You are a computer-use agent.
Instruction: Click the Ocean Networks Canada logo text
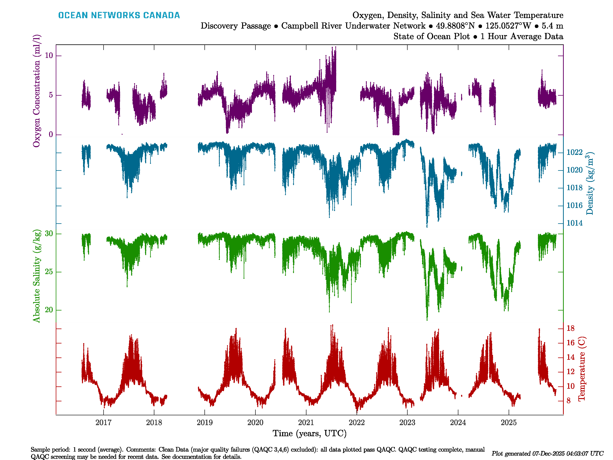pyautogui.click(x=119, y=15)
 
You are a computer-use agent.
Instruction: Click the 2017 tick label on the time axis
pyautogui.click(x=103, y=423)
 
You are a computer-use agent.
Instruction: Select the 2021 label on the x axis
pyautogui.click(x=306, y=423)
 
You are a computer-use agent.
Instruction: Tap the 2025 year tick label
pyautogui.click(x=509, y=423)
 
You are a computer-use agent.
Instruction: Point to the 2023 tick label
pyautogui.click(x=407, y=423)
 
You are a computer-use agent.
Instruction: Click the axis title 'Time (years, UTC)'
pyautogui.click(x=310, y=433)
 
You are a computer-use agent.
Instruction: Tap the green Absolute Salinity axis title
pyautogui.click(x=37, y=276)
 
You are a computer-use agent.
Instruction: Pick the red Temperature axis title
pyautogui.click(x=581, y=369)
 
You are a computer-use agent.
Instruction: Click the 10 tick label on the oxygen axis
pyautogui.click(x=49, y=56)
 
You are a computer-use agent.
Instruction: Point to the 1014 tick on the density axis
pyautogui.click(x=574, y=223)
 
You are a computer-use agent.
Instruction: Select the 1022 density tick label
pyautogui.click(x=574, y=152)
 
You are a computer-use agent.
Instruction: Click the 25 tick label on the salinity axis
pyautogui.click(x=49, y=272)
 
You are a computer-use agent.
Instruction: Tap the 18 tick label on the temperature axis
pyautogui.click(x=571, y=328)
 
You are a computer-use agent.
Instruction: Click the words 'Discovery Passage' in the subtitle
pyautogui.click(x=236, y=26)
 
